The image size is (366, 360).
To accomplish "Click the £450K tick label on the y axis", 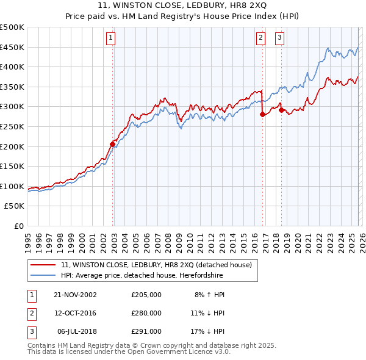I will (12, 47).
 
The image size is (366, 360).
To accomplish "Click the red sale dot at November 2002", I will (113, 144).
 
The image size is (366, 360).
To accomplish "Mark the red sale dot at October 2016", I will (262, 114).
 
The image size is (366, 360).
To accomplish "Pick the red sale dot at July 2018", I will (281, 110).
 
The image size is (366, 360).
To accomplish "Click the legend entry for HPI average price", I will (142, 276).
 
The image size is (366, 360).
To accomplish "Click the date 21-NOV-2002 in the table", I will (75, 294).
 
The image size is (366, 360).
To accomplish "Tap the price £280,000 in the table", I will (146, 313).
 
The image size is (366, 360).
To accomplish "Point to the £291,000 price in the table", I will (146, 331).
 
